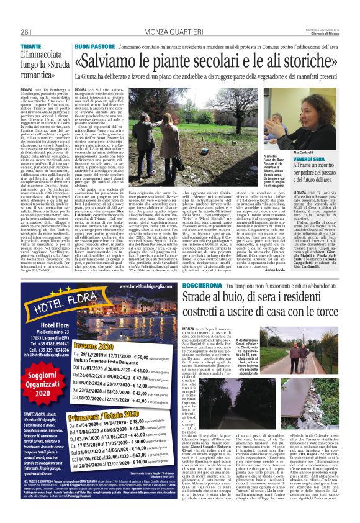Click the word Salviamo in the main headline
113,61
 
